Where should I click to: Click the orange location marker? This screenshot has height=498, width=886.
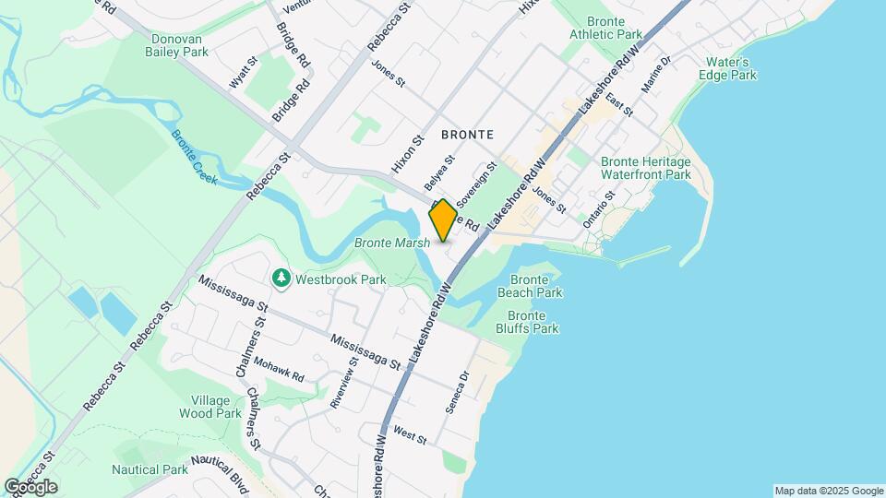443,220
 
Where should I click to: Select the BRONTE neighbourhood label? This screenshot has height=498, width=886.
473,135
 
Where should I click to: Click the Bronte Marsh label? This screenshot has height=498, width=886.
392,243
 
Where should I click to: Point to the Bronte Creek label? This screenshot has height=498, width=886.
194,157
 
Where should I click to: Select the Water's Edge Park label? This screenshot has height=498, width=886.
731,68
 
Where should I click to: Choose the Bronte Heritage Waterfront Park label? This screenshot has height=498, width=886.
646,167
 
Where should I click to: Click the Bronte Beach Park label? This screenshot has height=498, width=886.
530,286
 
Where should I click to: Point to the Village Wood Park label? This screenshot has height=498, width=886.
216,407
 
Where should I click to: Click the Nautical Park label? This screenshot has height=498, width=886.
150,469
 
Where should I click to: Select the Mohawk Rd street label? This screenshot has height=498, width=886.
279,370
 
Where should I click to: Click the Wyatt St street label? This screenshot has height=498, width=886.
242,73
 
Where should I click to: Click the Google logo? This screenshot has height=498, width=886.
30,487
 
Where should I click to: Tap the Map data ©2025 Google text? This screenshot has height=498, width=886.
829,491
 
